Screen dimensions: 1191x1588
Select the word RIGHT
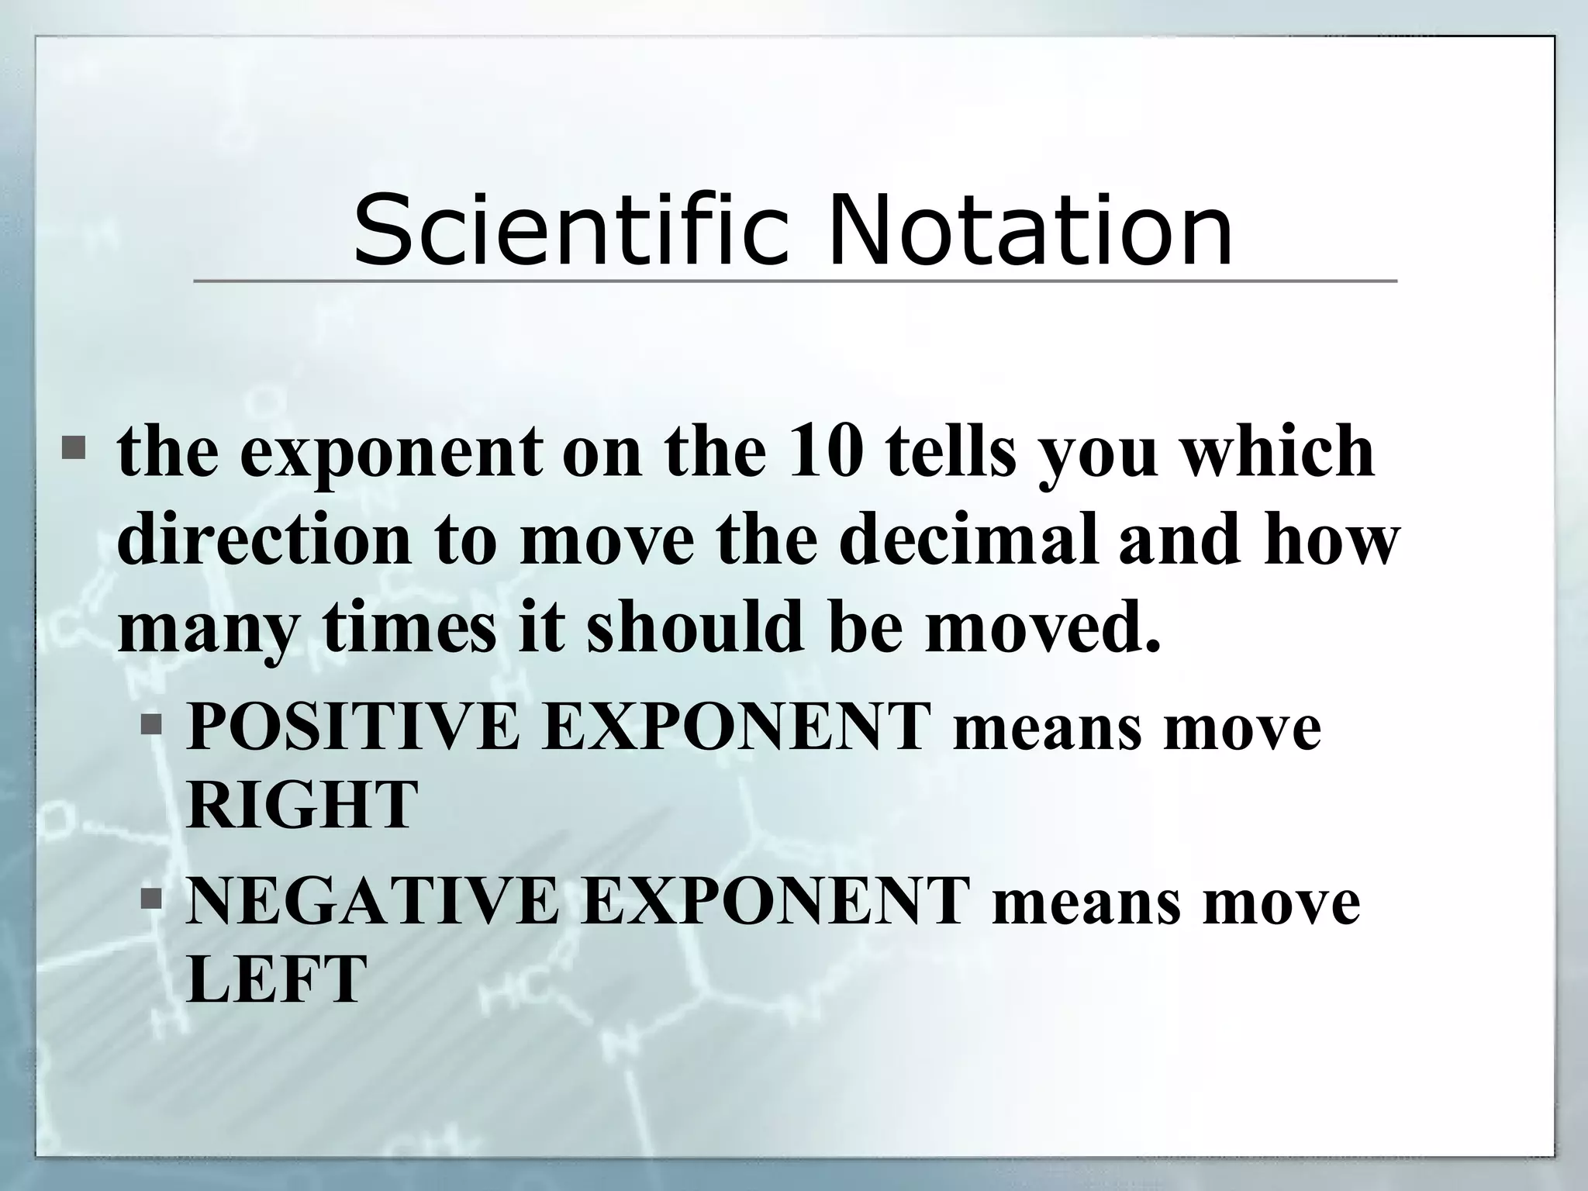pyautogui.click(x=302, y=806)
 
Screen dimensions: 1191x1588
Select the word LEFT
pyautogui.click(x=276, y=978)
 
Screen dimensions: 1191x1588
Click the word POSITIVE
pyautogui.click(x=353, y=727)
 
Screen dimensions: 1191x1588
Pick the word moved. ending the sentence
pyautogui.click(x=1043, y=626)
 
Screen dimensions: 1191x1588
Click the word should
pyautogui.click(x=693, y=626)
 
